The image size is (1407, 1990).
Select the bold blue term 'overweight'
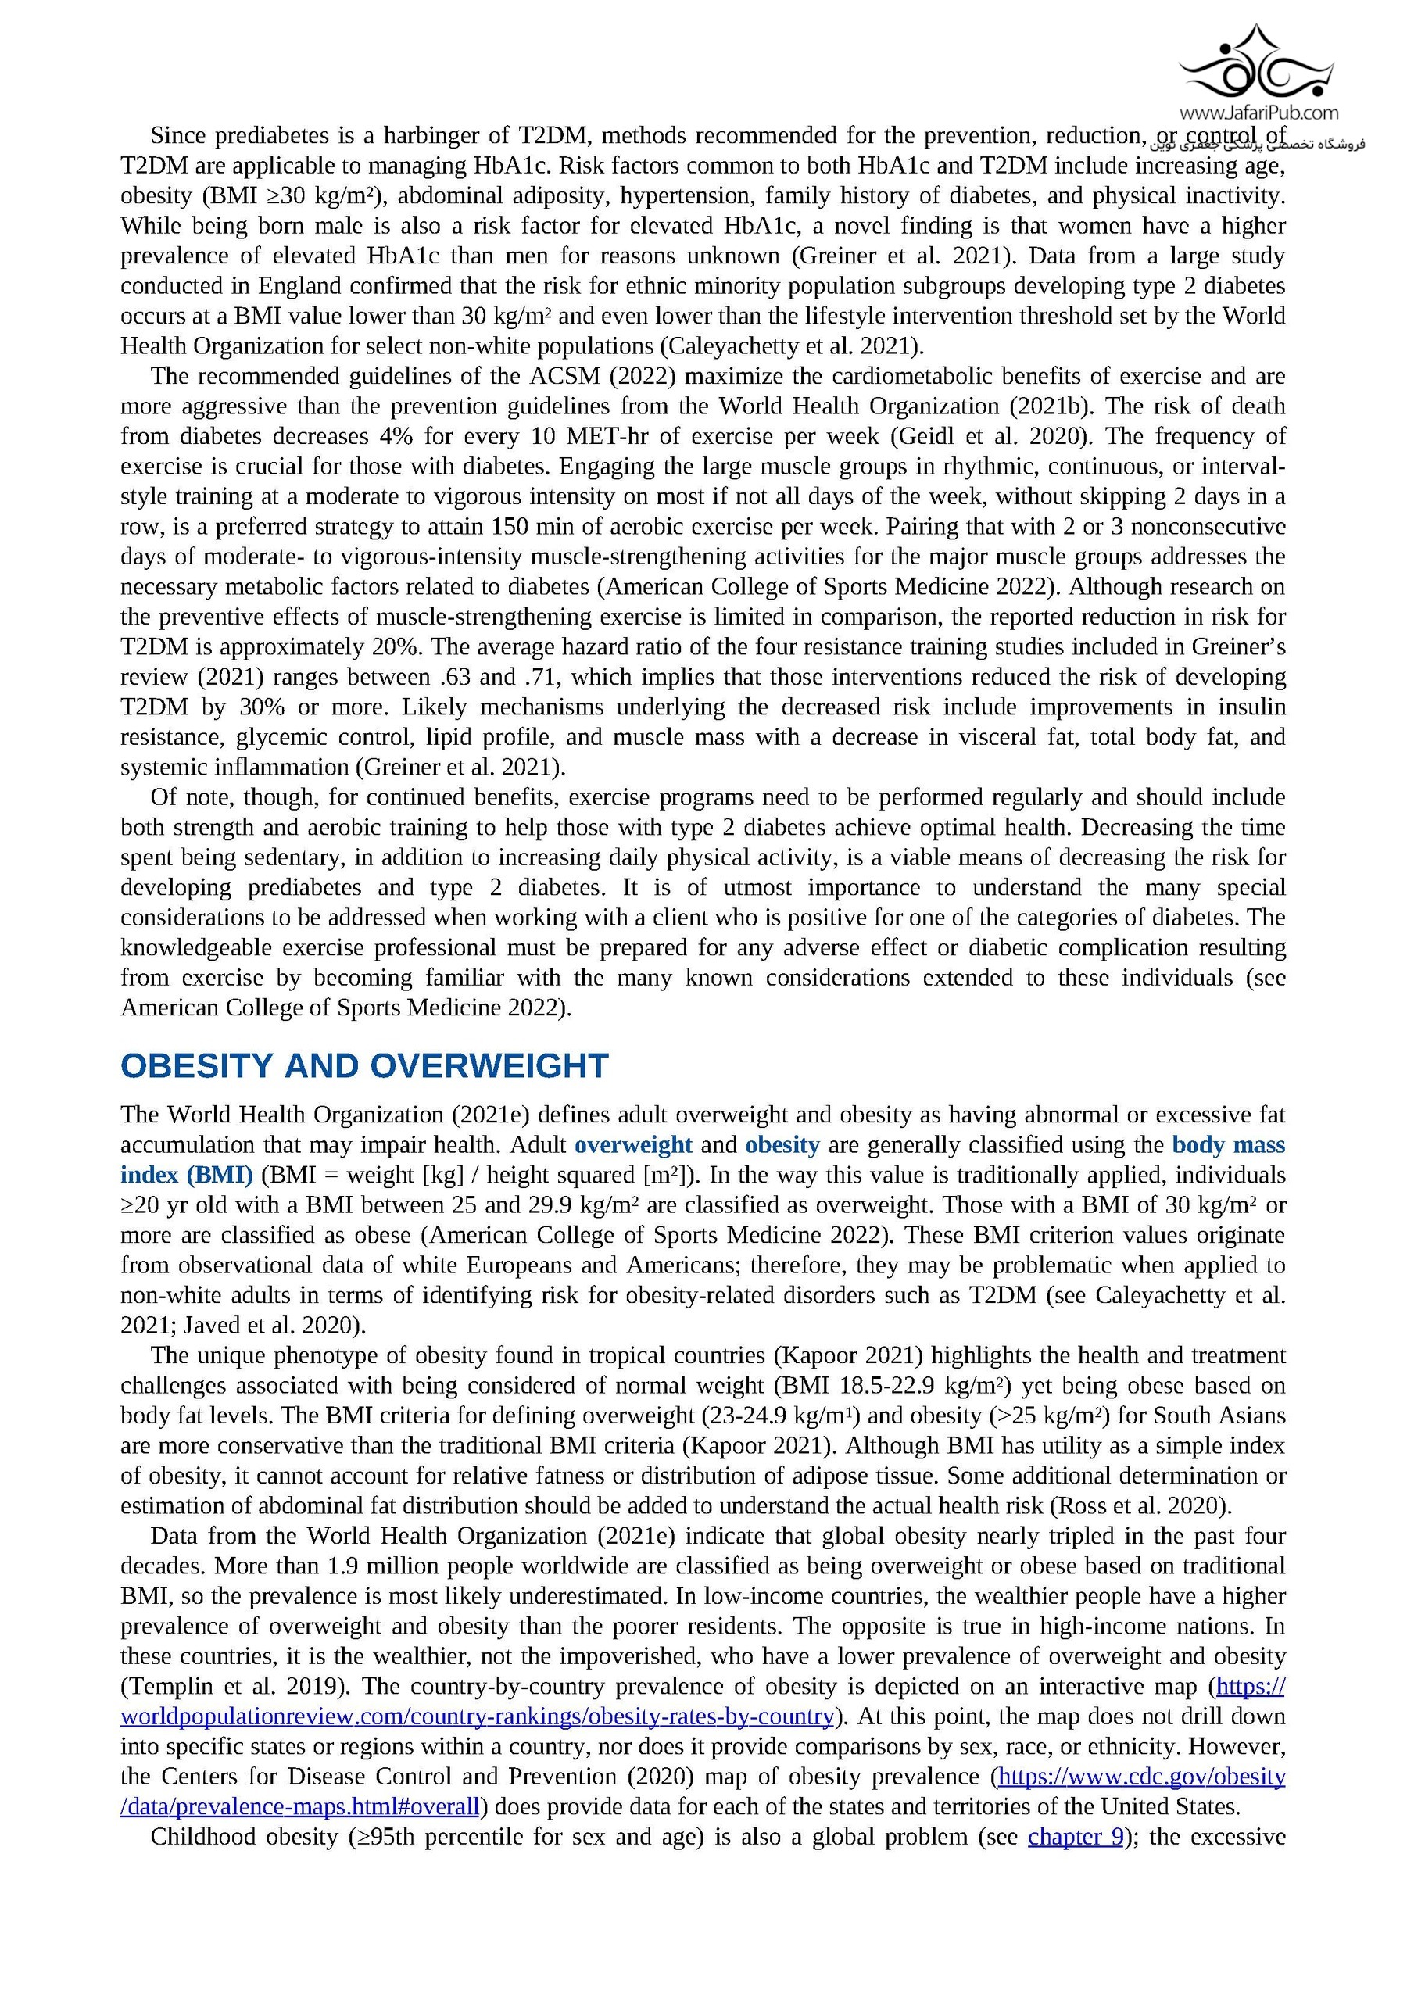coord(633,1145)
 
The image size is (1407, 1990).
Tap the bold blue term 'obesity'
coord(782,1145)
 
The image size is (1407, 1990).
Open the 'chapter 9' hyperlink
coord(1075,1837)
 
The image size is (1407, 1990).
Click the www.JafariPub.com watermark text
coord(1258,112)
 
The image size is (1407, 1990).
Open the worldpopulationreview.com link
coord(477,1716)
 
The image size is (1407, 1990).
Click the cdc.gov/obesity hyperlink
coord(1142,1776)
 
